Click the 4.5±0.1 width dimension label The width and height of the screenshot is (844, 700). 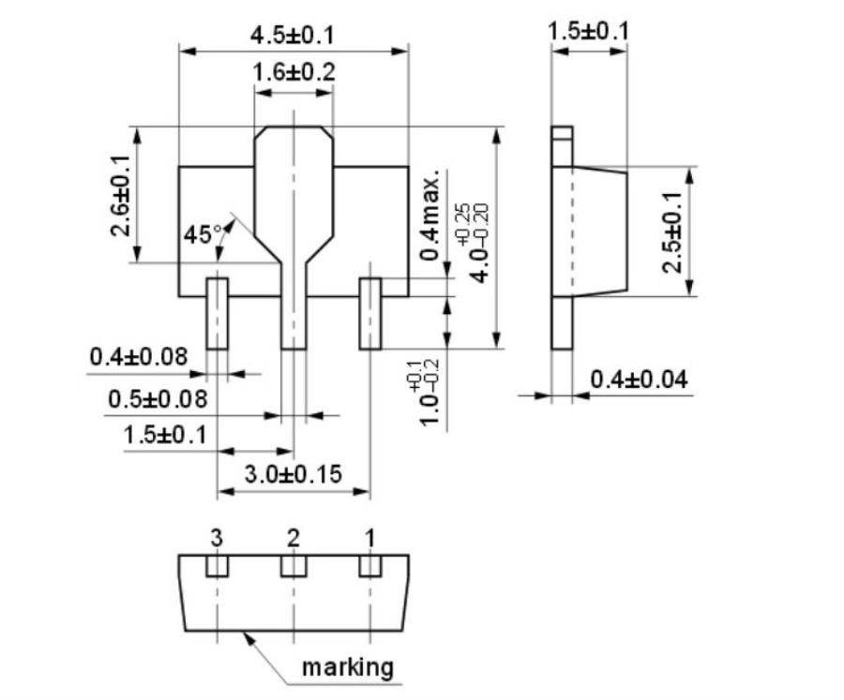(x=292, y=36)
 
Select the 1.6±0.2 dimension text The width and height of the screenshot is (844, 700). (x=294, y=72)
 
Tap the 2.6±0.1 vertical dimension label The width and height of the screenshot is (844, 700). (x=119, y=194)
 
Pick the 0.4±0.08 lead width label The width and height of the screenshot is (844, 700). (x=138, y=357)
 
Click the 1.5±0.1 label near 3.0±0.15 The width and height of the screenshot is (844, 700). (x=164, y=436)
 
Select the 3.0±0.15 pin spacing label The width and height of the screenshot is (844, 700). (x=293, y=474)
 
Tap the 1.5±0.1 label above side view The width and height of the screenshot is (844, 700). (x=588, y=32)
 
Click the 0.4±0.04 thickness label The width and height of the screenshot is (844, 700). (x=639, y=380)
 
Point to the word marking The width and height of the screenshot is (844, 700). (x=347, y=667)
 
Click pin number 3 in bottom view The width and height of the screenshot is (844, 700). (x=217, y=538)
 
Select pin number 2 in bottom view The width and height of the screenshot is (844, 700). (x=294, y=538)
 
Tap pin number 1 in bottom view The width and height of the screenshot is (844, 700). (x=369, y=538)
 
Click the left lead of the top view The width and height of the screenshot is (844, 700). (x=217, y=314)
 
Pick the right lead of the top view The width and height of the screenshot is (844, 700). (x=369, y=314)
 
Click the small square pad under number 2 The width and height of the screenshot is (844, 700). (x=294, y=567)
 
